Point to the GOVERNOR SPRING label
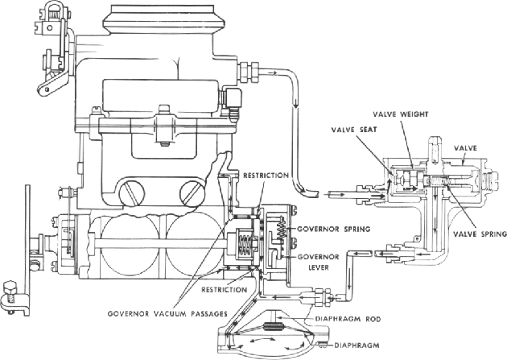click(331, 228)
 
